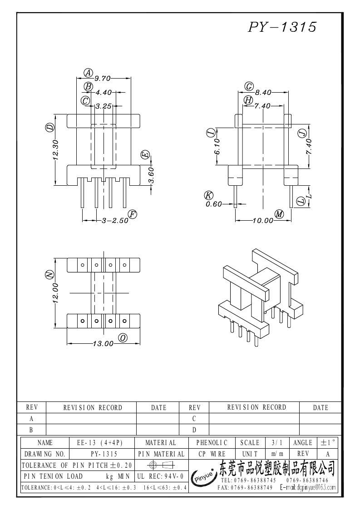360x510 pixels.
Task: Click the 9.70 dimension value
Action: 103,78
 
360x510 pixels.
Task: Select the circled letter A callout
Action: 88,73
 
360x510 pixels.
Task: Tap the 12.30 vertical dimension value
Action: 55,150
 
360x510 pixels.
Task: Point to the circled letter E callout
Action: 145,155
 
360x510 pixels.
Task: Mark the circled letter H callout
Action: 248,100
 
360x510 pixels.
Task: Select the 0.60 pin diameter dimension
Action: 214,204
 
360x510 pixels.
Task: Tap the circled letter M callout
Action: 279,214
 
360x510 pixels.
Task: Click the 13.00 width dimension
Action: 103,344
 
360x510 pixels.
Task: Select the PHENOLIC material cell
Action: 212,442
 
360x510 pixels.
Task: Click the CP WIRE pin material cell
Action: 212,454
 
